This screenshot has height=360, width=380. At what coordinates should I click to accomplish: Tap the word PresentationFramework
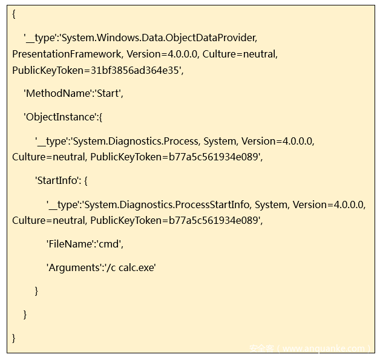coord(66,54)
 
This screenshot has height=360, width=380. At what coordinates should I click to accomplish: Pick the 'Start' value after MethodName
coord(108,94)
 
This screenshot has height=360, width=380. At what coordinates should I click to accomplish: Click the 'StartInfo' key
coord(62,180)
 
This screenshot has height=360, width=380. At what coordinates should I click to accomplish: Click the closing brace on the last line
coord(14,338)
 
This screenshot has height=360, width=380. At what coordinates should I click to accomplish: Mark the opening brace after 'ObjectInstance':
coord(100,117)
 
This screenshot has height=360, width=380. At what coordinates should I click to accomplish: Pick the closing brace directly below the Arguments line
coord(36,290)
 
